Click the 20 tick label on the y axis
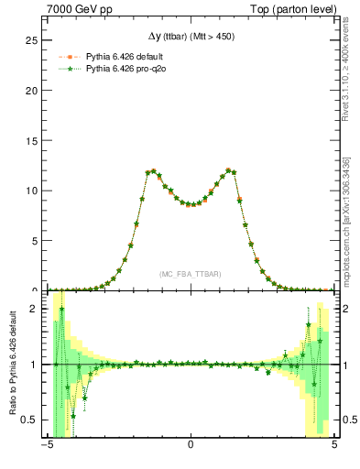click(x=35, y=91)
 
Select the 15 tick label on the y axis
click(x=35, y=141)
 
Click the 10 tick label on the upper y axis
click(x=35, y=191)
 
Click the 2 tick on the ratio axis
click(x=38, y=309)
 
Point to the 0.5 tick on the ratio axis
click(x=33, y=420)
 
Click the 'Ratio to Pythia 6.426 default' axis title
click(x=12, y=365)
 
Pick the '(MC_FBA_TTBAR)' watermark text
click(x=190, y=274)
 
